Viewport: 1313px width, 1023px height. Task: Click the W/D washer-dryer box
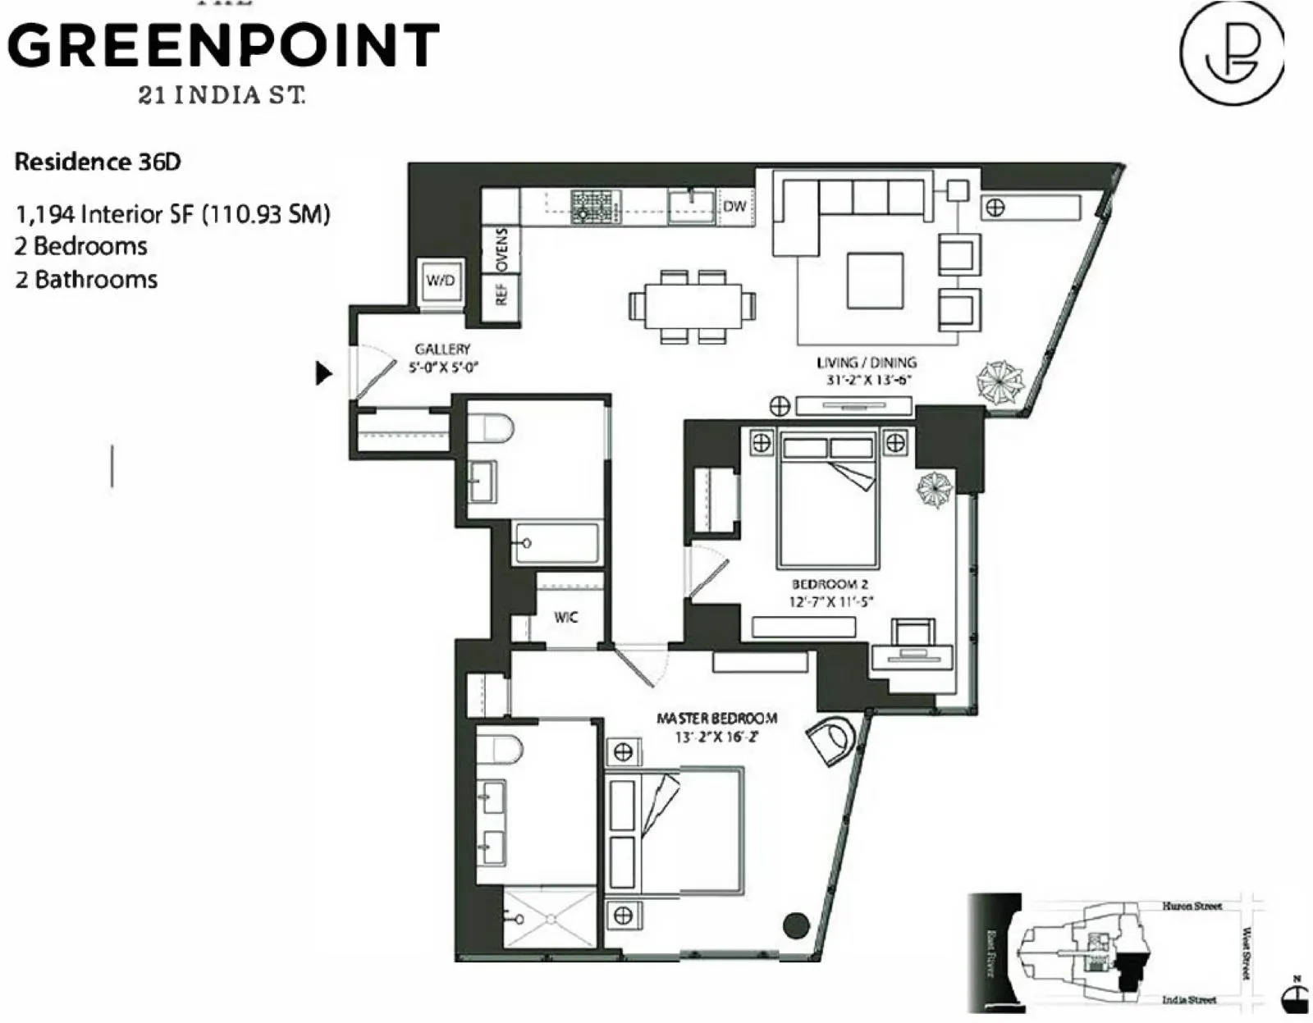[440, 281]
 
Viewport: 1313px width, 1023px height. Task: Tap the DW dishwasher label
[734, 205]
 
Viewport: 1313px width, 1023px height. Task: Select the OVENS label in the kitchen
[502, 249]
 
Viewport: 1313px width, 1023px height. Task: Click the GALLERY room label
[442, 349]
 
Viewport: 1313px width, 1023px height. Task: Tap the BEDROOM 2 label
[830, 584]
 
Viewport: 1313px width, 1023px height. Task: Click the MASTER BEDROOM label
[716, 719]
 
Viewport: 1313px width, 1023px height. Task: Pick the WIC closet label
[565, 617]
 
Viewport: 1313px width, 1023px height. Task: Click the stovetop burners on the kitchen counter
[596, 205]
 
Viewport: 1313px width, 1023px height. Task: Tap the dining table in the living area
[692, 306]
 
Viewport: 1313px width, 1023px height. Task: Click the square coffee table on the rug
[875, 281]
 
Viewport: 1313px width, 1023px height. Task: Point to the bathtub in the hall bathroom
[556, 542]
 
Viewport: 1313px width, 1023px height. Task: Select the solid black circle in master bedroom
[796, 925]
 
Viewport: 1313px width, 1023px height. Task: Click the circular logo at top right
[1231, 52]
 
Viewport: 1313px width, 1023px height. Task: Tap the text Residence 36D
[98, 162]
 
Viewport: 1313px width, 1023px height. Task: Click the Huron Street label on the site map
[1192, 906]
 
